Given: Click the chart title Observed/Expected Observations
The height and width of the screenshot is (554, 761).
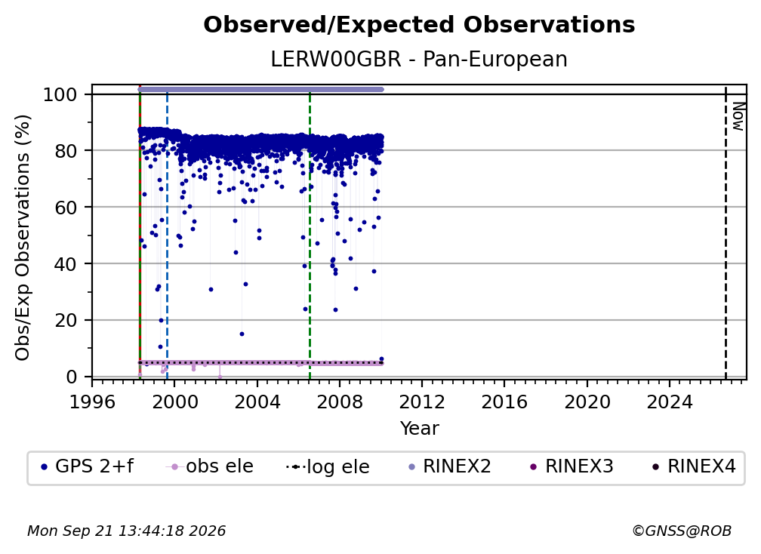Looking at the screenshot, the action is [x=419, y=25].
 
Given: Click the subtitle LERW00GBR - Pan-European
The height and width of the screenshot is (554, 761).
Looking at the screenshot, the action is [x=419, y=59].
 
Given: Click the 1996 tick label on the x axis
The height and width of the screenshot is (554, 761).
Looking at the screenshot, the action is [x=92, y=402].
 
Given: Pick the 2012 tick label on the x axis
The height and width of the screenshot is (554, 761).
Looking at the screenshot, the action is [x=422, y=402].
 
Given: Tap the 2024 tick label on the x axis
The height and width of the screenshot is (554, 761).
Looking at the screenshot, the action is [x=669, y=402].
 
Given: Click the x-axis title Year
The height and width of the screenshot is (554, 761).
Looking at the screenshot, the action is [x=419, y=428].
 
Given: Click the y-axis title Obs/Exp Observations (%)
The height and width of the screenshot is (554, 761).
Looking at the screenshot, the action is [x=23, y=237].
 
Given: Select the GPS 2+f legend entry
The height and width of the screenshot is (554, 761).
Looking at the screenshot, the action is [x=88, y=466].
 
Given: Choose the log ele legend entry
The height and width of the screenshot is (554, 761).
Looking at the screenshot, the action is [x=328, y=466].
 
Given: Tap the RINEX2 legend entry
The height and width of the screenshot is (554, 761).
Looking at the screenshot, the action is [x=450, y=466].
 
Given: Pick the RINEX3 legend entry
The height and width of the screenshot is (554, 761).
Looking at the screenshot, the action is [x=572, y=466].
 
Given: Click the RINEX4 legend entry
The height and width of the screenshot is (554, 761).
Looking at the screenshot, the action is [x=695, y=466].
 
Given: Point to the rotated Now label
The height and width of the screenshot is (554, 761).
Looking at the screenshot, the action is [x=738, y=116].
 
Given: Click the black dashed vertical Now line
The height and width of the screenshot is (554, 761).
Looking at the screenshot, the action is [x=726, y=233].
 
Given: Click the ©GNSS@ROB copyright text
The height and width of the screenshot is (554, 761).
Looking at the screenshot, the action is [x=682, y=531].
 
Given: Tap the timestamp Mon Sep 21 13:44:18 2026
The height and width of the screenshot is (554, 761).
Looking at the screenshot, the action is [x=126, y=531].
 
